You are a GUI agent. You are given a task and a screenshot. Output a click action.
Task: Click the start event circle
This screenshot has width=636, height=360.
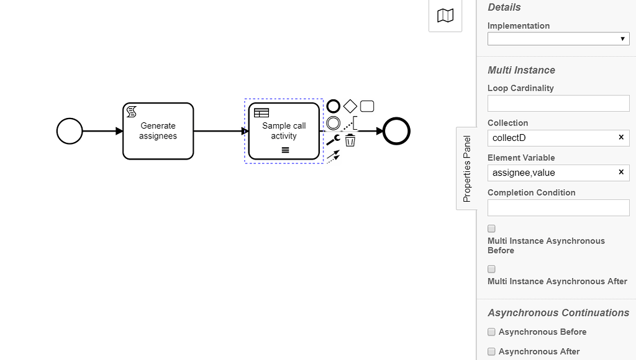(x=70, y=131)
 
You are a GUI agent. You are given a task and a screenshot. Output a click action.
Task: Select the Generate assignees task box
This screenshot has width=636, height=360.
(x=158, y=140)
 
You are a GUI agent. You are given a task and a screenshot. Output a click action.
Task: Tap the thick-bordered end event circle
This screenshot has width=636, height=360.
(x=396, y=131)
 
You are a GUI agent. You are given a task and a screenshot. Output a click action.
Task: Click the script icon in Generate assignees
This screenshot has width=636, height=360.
(x=132, y=112)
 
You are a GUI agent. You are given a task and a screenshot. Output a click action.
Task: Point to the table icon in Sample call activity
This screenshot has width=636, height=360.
(x=261, y=113)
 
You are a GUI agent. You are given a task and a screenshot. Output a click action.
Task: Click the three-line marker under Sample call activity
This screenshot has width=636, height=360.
(x=285, y=150)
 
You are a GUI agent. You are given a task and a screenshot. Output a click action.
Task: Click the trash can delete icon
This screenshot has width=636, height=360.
(x=350, y=140)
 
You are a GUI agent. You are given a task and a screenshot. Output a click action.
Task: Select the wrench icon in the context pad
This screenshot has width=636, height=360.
(x=333, y=140)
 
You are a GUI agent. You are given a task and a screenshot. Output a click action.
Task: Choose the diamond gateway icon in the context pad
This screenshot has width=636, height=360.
(x=350, y=106)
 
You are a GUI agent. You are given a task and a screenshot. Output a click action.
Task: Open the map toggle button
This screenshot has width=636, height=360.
(x=445, y=16)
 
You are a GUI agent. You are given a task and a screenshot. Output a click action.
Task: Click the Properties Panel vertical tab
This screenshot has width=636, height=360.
(x=467, y=169)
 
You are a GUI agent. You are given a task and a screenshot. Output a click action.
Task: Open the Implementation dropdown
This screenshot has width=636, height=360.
(x=558, y=39)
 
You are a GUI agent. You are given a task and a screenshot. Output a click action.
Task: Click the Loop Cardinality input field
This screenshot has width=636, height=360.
(x=558, y=103)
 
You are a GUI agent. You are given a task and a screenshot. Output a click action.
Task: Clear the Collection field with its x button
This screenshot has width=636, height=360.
(x=620, y=137)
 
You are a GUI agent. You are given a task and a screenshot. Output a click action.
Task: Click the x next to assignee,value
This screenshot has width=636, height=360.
(x=620, y=172)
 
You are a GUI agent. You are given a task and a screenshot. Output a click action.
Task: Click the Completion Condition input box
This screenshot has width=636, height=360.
(x=558, y=207)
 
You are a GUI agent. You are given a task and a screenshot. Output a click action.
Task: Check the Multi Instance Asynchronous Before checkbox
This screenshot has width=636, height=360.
(x=491, y=229)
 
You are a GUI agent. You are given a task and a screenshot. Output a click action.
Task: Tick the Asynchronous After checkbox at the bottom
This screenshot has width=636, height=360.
(x=491, y=351)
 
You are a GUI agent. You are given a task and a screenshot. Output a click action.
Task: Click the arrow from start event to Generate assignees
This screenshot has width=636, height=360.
(x=102, y=131)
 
